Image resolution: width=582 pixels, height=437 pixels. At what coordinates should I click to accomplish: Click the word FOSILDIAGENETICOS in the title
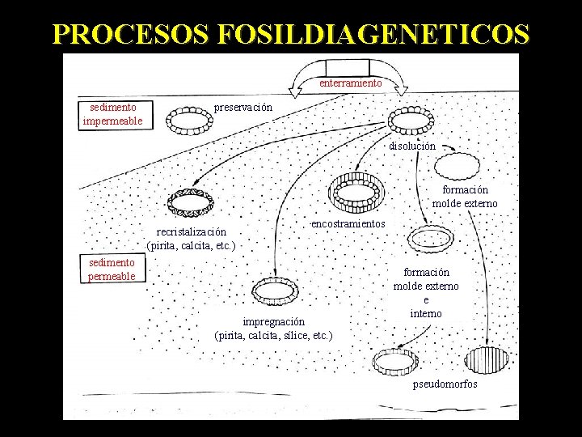coord(374,35)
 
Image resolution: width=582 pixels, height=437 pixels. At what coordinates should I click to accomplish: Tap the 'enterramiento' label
coord(350,83)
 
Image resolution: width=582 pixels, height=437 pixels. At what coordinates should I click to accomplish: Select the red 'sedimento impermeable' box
coord(112,114)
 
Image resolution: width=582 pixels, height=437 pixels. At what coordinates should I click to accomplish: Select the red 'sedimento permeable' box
coord(112,269)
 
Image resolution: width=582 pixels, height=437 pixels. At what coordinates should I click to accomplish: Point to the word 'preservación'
coord(243,107)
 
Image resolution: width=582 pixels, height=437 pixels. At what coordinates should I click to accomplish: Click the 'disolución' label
coord(412,146)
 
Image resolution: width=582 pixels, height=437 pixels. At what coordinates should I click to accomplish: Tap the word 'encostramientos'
coord(348,223)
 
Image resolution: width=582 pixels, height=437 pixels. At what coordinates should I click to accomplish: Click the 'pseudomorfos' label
coord(445,384)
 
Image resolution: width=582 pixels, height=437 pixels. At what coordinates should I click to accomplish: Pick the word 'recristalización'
coord(191,231)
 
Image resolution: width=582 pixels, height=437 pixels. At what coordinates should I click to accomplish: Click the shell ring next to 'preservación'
coord(188,121)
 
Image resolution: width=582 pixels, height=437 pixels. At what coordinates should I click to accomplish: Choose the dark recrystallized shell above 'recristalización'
coord(190,202)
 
